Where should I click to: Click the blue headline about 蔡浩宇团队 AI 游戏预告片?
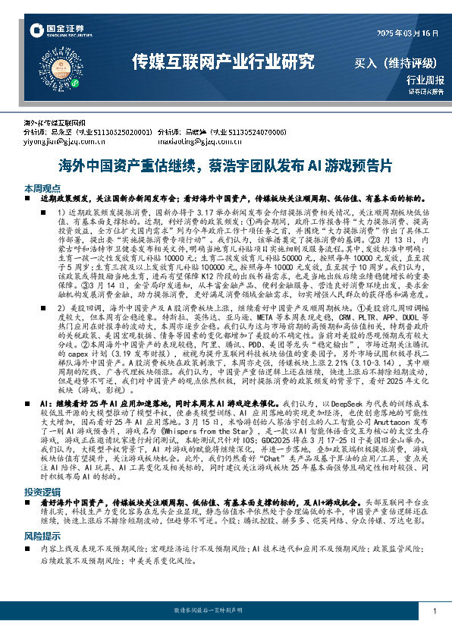(226, 165)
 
